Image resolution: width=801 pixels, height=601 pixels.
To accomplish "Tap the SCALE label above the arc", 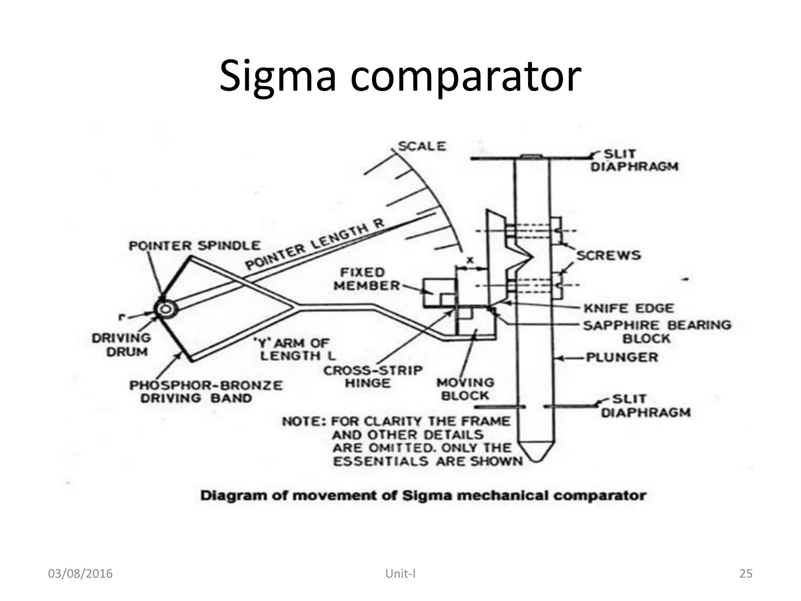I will pyautogui.click(x=422, y=146).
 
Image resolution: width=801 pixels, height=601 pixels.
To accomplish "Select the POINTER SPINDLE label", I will pyautogui.click(x=194, y=246).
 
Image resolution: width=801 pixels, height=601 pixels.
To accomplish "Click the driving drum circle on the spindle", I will pyautogui.click(x=165, y=309).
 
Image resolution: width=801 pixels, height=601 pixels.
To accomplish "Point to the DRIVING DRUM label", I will pyautogui.click(x=122, y=345).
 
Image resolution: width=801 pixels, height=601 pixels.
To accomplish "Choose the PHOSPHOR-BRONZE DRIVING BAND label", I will pyautogui.click(x=206, y=392).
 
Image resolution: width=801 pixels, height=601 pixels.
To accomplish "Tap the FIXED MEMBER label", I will pyautogui.click(x=366, y=279).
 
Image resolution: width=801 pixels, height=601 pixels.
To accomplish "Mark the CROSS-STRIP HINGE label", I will pyautogui.click(x=373, y=376).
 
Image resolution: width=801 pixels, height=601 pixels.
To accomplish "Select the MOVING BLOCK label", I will pyautogui.click(x=465, y=389).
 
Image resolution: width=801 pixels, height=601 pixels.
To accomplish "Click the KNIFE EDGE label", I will pyautogui.click(x=629, y=308).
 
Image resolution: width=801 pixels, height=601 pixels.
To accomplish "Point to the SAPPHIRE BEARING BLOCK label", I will pyautogui.click(x=657, y=331).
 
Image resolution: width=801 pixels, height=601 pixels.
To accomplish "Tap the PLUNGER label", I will pyautogui.click(x=622, y=357).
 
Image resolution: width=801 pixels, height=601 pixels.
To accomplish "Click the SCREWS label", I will pyautogui.click(x=609, y=256).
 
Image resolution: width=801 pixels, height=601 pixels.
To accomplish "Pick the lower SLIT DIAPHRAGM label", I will pyautogui.click(x=645, y=406).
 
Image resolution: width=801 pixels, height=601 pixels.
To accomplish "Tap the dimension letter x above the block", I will pyautogui.click(x=471, y=260).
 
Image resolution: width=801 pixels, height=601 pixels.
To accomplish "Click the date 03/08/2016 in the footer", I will pyautogui.click(x=80, y=574).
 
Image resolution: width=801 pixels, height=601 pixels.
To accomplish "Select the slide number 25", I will pyautogui.click(x=746, y=574).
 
